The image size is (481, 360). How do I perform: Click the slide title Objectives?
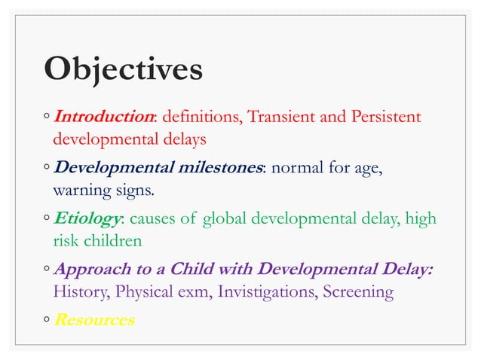tap(123, 69)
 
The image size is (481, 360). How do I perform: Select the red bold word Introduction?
tap(104, 117)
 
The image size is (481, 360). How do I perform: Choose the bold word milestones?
tap(216, 167)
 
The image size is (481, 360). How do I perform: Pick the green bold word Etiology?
tap(87, 219)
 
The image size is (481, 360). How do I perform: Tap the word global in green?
tap(225, 219)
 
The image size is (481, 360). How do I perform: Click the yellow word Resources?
tap(94, 320)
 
